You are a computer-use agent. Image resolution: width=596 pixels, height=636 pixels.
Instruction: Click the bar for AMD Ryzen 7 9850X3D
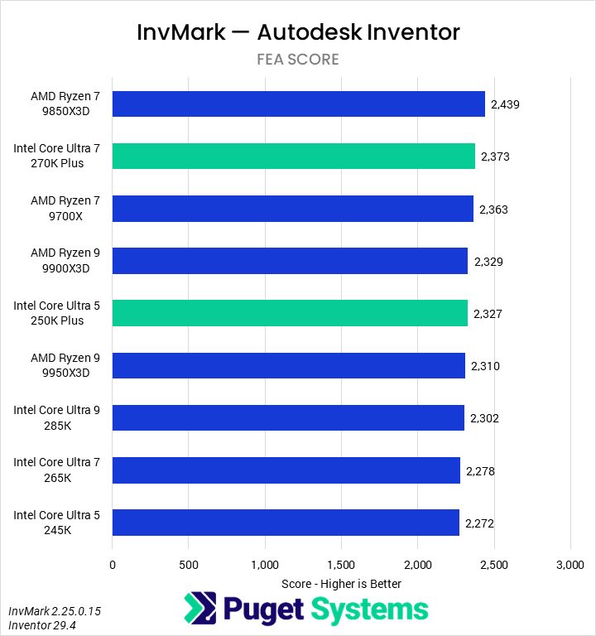(298, 104)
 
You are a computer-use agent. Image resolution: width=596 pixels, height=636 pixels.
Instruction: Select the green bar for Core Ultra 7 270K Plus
(294, 157)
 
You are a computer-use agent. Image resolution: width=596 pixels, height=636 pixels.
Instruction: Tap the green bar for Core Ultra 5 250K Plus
(290, 314)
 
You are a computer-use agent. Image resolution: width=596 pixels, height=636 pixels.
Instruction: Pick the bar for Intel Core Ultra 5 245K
(286, 523)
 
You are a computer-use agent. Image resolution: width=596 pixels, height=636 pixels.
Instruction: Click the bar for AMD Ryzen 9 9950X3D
(288, 366)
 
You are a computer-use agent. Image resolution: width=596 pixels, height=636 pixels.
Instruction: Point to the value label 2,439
(505, 104)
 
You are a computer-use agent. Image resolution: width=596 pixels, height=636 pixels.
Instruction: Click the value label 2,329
(488, 262)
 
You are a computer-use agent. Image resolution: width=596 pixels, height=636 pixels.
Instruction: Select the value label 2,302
(485, 418)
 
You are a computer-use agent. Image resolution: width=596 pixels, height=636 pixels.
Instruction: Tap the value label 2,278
(481, 471)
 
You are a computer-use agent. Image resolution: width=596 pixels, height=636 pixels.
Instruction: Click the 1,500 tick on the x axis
(341, 565)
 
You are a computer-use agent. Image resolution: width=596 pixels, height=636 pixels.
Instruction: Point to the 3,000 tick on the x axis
(570, 565)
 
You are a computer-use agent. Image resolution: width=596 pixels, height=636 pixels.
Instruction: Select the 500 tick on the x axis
(189, 565)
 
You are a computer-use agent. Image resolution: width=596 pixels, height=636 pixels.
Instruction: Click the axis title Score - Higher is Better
(341, 584)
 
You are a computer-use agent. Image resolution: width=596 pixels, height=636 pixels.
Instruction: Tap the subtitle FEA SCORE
(298, 60)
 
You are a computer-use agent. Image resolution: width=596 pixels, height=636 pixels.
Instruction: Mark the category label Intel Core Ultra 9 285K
(56, 418)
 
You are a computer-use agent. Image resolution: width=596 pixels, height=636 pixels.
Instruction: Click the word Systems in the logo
(370, 609)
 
